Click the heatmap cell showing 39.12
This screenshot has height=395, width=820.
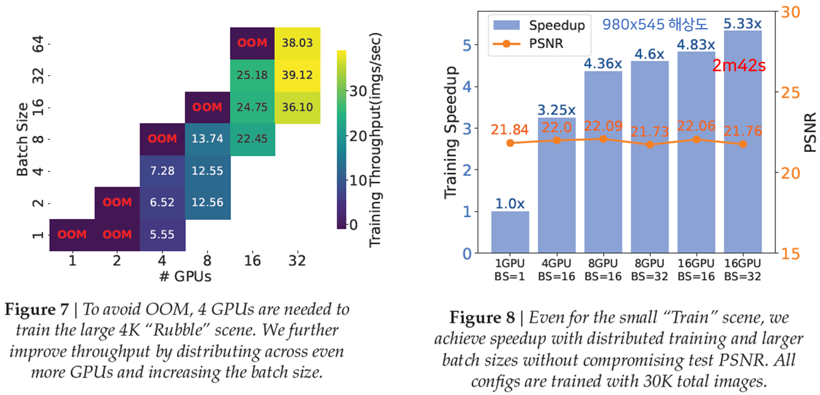pyautogui.click(x=298, y=75)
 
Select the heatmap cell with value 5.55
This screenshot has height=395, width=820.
pyautogui.click(x=162, y=235)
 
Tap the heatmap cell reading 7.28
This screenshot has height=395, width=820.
pyautogui.click(x=162, y=171)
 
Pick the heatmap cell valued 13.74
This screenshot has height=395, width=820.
pyautogui.click(x=207, y=139)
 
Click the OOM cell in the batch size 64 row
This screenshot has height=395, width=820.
pyautogui.click(x=252, y=43)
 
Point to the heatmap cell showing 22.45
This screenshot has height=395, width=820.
pyautogui.click(x=252, y=139)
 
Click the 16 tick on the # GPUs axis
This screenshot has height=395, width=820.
pyautogui.click(x=252, y=261)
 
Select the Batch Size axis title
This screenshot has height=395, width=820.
pyautogui.click(x=22, y=139)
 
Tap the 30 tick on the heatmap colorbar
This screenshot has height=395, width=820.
pyautogui.click(x=358, y=91)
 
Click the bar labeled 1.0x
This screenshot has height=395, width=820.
pyautogui.click(x=510, y=232)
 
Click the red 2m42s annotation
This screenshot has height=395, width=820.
pyautogui.click(x=739, y=65)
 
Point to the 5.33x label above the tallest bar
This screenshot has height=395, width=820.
pyautogui.click(x=742, y=23)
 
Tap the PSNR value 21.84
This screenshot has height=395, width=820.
pyautogui.click(x=509, y=130)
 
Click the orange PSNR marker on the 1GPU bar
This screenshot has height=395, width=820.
pyautogui.click(x=510, y=143)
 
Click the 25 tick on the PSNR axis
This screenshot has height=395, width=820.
pyautogui.click(x=790, y=93)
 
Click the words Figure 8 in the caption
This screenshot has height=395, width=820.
pyautogui.click(x=482, y=317)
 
